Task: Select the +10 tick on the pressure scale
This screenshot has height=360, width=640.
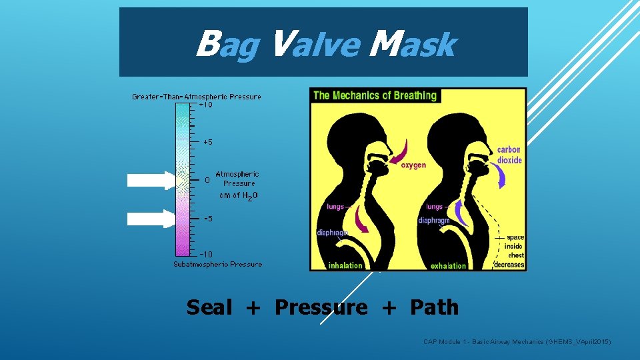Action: click(x=206, y=105)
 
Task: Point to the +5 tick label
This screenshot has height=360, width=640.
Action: click(x=208, y=142)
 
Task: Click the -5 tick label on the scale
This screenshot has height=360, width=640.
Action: click(x=208, y=218)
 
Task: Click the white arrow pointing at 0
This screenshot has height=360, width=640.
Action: click(x=151, y=180)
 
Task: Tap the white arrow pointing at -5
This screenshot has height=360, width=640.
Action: click(x=151, y=218)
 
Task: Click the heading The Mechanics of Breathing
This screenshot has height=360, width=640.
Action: click(x=375, y=95)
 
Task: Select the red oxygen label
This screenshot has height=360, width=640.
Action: click(x=413, y=165)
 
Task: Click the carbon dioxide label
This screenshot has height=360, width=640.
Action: click(x=509, y=155)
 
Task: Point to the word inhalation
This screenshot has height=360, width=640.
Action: click(x=345, y=265)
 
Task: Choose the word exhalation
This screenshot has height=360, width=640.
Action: click(x=448, y=265)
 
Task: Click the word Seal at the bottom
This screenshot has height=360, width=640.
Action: click(x=210, y=307)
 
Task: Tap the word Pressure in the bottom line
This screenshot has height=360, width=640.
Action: click(x=321, y=307)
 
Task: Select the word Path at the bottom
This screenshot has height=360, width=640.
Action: click(x=434, y=307)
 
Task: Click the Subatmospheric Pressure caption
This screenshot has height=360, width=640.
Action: click(x=218, y=264)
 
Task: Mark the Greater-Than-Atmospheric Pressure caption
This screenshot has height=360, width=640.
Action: click(x=197, y=97)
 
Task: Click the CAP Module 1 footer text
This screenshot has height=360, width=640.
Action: click(x=517, y=342)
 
